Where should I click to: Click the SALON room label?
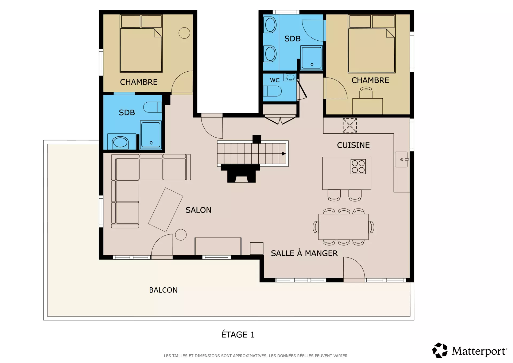point(198,210)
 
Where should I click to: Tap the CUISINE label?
point(353,145)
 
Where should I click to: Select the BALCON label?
point(163,290)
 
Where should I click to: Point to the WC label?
point(275,80)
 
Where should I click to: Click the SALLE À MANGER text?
point(304,253)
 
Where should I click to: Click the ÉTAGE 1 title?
point(238,334)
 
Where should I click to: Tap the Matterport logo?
point(469,350)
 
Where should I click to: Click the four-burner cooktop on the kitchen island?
point(358,167)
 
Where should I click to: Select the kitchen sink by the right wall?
point(401,160)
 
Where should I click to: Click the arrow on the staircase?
point(284,154)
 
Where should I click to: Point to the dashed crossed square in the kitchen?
point(350,125)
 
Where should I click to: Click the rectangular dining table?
point(343,227)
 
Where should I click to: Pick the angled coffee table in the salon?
point(166,210)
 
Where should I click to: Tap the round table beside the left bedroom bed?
point(184,33)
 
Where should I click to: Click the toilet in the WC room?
point(272,91)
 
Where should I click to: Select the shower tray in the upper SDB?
point(312,58)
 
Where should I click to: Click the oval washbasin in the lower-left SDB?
point(120,142)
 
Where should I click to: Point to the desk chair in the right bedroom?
point(366,92)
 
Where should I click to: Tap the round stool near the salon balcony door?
point(181,235)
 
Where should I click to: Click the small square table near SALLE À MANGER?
point(256,248)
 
